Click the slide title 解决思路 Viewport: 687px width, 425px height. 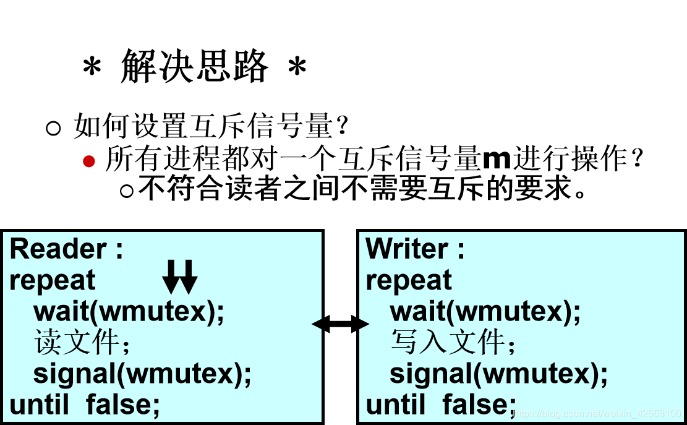pyautogui.click(x=195, y=67)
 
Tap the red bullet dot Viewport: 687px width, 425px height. pyautogui.click(x=90, y=161)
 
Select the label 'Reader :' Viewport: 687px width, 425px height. pyautogui.click(x=67, y=249)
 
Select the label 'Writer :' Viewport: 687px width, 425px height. pyautogui.click(x=415, y=249)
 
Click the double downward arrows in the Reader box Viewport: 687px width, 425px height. pyautogui.click(x=179, y=277)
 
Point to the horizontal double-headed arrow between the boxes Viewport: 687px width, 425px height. pyautogui.click(x=340, y=324)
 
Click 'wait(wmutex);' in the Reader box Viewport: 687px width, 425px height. pyautogui.click(x=129, y=311)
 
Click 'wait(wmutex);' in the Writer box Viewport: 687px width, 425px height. pyautogui.click(x=485, y=311)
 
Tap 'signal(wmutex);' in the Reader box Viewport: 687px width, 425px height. pyautogui.click(x=142, y=374)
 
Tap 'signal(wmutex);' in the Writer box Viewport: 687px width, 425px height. pyautogui.click(x=498, y=374)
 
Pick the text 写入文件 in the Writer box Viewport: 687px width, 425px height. pyautogui.click(x=448, y=343)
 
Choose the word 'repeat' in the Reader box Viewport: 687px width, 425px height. pyautogui.click(x=53, y=280)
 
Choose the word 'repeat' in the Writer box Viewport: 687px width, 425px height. pyautogui.click(x=409, y=280)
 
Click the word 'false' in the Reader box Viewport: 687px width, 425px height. pyautogui.click(x=122, y=405)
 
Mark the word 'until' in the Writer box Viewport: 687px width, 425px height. pyautogui.click(x=395, y=405)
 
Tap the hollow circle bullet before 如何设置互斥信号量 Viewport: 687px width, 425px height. pyautogui.click(x=54, y=129)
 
